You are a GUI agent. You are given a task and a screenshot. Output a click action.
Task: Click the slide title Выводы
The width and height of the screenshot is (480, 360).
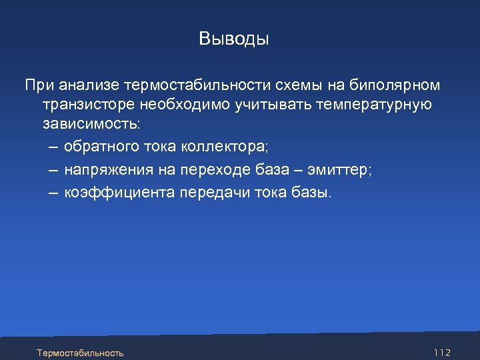[234, 39]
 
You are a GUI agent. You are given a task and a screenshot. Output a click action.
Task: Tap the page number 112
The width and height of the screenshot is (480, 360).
[442, 352]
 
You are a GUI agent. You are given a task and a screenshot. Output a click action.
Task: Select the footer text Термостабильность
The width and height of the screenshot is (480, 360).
[80, 352]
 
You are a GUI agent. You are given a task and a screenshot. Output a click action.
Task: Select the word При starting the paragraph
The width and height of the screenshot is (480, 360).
[39, 85]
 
